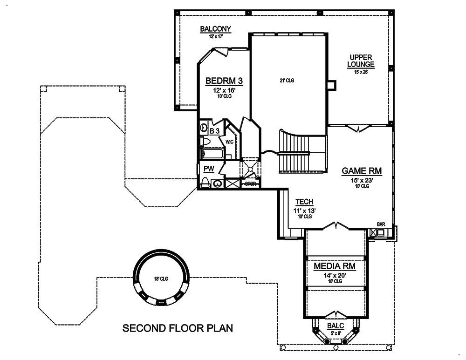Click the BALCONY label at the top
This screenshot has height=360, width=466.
pyautogui.click(x=215, y=29)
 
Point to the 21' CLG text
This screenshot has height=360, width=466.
pyautogui.click(x=287, y=81)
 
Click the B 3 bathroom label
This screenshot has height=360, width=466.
pyautogui.click(x=214, y=131)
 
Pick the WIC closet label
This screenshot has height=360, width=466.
pyautogui.click(x=229, y=142)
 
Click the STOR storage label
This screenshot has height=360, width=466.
pyautogui.click(x=251, y=183)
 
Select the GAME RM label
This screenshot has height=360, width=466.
pyautogui.click(x=362, y=171)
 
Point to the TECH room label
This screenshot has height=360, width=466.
pyautogui.click(x=304, y=202)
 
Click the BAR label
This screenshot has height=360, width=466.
pyautogui.click(x=381, y=224)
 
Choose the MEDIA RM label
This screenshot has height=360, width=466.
pyautogui.click(x=334, y=266)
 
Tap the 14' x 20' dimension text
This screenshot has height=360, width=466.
pyautogui.click(x=334, y=275)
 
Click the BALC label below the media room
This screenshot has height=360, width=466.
pyautogui.click(x=335, y=326)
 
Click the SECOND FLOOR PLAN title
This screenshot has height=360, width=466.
pyautogui.click(x=178, y=328)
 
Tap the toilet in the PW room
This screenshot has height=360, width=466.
pyautogui.click(x=205, y=182)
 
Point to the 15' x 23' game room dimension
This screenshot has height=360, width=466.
pyautogui.click(x=362, y=180)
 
